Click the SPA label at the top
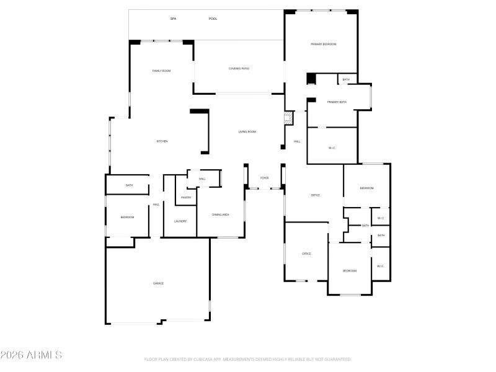pos(173,19)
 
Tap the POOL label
pos(213,19)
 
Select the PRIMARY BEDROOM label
pos(324,44)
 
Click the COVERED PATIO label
pos(239,68)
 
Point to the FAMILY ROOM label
pos(161,71)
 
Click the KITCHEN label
pos(162,141)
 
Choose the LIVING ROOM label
pos(247,131)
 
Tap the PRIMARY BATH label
pos(337,102)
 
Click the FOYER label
pos(265,178)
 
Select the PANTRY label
pos(186,198)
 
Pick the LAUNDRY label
pos(180,221)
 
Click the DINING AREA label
pos(221,215)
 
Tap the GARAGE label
pos(159,283)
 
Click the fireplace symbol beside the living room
pos(288,118)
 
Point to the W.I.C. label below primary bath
pos(332,148)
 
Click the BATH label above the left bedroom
pos(129,185)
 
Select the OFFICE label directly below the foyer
pos(315,195)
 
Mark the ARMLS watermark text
pos(31,355)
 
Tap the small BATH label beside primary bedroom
pos(346,79)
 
